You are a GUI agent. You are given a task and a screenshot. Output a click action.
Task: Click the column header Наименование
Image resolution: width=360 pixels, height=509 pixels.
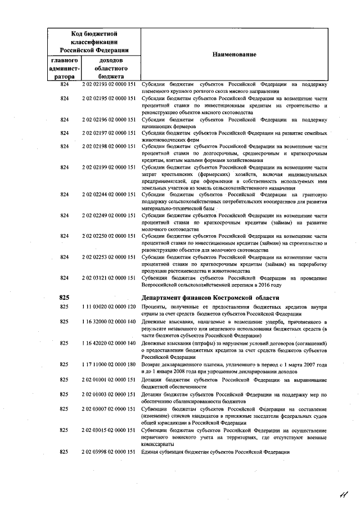234,55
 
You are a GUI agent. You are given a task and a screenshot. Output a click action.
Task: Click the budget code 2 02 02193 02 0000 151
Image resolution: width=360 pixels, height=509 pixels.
109,84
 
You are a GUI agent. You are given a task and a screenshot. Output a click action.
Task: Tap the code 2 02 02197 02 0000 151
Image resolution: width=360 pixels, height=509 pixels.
109,133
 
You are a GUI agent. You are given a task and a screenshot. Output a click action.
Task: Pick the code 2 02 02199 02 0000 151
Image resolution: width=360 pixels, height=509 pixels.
109,167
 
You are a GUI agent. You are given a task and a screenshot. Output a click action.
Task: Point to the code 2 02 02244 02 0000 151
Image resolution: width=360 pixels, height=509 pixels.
109,195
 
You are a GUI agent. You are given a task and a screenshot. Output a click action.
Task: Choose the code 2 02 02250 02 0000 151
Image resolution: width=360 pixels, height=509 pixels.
109,236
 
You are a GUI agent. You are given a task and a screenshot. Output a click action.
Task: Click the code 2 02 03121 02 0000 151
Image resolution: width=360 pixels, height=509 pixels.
109,277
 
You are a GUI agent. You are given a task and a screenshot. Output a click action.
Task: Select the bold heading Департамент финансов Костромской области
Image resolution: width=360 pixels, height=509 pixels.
219,298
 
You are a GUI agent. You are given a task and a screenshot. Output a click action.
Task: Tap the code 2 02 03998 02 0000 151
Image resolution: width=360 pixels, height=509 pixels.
109,452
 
